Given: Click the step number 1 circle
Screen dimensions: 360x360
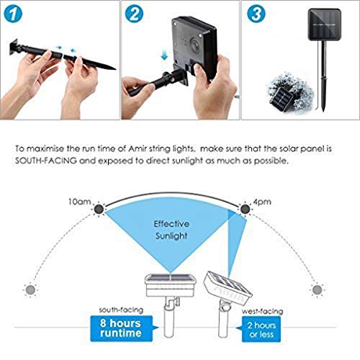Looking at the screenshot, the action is tap(13, 14).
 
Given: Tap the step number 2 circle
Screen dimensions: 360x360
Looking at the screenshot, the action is tap(134, 14).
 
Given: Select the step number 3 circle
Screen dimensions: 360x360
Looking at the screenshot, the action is tap(256, 14).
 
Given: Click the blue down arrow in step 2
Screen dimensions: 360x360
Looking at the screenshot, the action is tap(164, 55).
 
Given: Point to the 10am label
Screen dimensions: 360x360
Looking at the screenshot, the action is tap(80, 202).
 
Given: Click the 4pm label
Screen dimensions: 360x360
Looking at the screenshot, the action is tap(262, 202).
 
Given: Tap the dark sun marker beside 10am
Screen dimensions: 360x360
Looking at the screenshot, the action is tap(99, 210).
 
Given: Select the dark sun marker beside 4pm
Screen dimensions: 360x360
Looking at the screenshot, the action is tap(245, 209).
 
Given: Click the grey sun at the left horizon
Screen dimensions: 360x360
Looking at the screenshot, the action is tap(30, 290).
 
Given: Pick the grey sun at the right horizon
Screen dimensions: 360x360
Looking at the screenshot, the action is tap(318, 290).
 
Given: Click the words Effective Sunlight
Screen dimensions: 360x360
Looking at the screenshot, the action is tap(171, 230).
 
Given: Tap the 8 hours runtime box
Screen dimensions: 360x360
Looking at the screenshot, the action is tap(122, 328).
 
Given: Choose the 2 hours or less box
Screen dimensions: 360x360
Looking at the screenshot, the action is tap(261, 329).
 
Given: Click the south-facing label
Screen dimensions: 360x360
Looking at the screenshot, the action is tap(121, 310).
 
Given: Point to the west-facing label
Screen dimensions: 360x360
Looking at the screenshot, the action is tap(262, 311).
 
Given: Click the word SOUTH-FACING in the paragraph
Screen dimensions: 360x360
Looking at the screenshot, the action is tap(46, 161).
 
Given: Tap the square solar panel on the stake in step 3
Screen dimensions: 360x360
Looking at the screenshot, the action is tap(325, 24).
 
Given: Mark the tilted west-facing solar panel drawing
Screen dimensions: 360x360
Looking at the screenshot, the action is tap(228, 287).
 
